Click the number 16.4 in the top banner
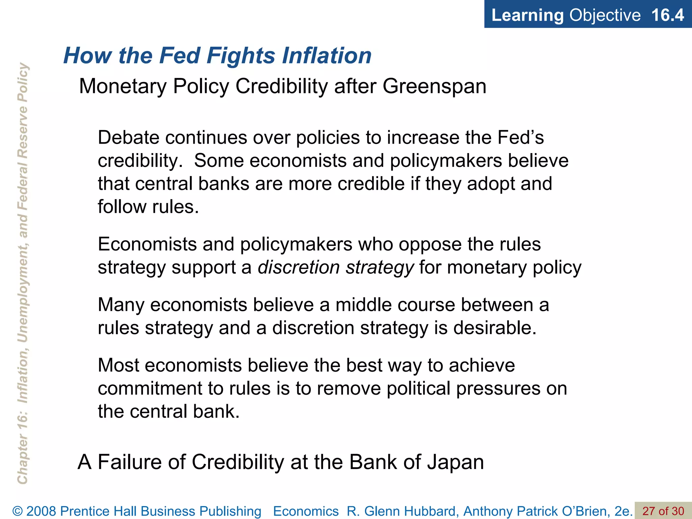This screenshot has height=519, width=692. point(667,15)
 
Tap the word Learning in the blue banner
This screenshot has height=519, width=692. point(527,15)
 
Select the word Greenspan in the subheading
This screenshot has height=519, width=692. point(434,86)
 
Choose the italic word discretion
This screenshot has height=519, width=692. point(299,267)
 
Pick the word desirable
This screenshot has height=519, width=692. point(495,328)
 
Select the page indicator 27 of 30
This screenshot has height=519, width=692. point(663,511)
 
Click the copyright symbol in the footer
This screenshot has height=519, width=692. point(18,511)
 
